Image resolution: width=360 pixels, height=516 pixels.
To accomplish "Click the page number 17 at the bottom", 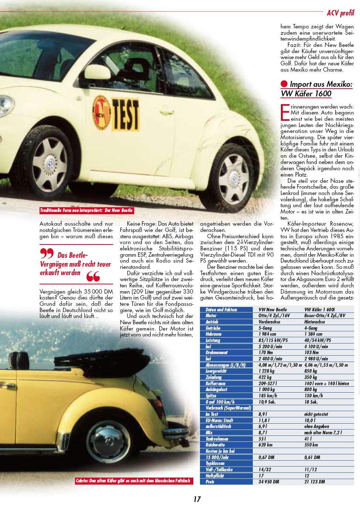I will (197, 499).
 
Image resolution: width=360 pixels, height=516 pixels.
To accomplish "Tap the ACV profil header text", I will (340, 13).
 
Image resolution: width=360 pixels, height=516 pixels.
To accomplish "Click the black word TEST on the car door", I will (126, 114).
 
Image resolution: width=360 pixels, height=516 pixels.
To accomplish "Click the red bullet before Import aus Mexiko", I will (284, 84).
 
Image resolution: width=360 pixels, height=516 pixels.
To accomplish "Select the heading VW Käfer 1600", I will (306, 93).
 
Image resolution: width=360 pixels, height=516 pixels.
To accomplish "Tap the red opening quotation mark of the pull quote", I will (47, 254).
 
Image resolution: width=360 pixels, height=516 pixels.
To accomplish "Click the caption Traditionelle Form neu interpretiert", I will (86, 211).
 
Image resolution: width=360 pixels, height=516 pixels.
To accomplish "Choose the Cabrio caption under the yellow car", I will (133, 481).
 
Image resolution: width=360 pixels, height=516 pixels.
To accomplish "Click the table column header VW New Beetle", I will (273, 310).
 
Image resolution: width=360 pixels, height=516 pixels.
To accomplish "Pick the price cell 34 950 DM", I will (269, 482).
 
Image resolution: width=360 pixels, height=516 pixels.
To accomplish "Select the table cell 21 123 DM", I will (315, 482).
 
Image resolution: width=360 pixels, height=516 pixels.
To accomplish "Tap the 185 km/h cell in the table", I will (268, 396).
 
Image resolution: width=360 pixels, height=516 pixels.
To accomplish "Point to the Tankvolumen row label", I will (217, 439).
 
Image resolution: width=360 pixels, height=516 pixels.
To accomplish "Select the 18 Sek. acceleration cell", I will (311, 402).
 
